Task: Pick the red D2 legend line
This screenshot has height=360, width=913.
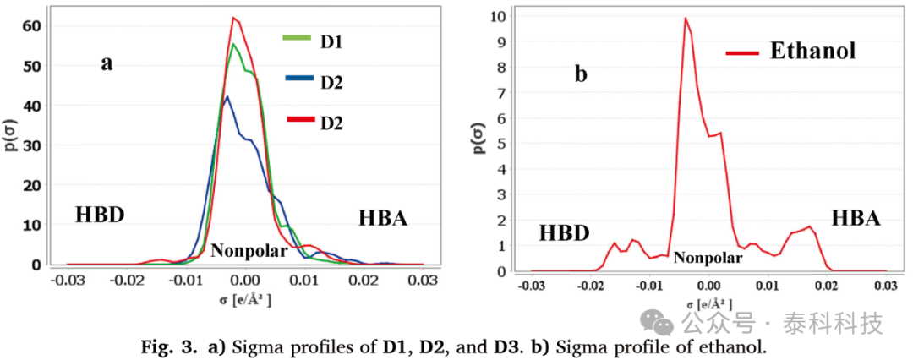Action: coord(298,120)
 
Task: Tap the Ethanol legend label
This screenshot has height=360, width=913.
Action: coord(812,52)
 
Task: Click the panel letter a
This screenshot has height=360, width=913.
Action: coord(107,63)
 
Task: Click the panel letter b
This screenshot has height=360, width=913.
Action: coord(581,74)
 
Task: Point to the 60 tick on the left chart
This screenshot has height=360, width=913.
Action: coord(31,25)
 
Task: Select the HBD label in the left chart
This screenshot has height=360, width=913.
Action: coord(100,215)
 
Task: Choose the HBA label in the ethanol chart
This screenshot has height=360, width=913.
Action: coord(856,219)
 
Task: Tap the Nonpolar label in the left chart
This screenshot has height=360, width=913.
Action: coord(249,250)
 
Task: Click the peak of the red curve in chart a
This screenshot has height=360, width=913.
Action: coord(235,18)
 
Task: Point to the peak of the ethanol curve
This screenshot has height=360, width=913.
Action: coord(686,18)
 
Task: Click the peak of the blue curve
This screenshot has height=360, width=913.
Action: coord(226,96)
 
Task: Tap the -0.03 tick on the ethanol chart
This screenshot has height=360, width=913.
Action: coord(533,285)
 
